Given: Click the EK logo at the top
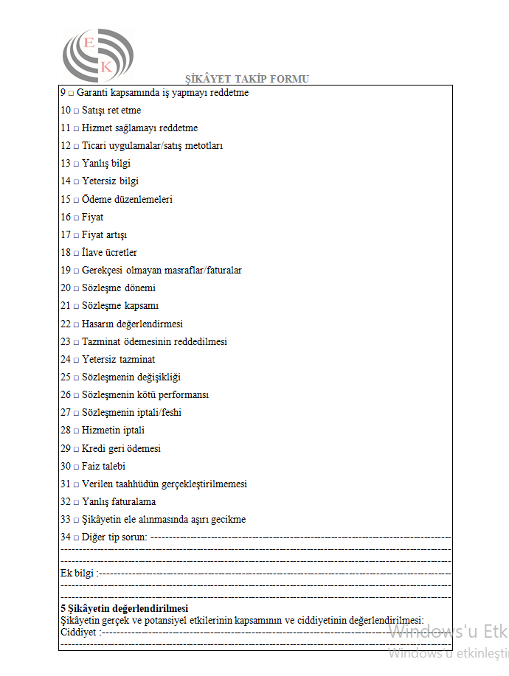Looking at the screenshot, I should click(x=98, y=55).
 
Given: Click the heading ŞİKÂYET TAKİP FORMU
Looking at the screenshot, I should click(x=247, y=79).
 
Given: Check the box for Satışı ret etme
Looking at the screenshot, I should click(x=76, y=111).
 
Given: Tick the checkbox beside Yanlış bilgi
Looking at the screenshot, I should click(x=76, y=164).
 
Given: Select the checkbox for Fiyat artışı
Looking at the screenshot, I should click(x=76, y=235).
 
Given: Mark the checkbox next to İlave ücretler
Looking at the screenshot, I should click(x=76, y=253).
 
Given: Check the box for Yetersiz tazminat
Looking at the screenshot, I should click(x=76, y=360).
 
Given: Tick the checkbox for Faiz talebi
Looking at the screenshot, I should click(x=76, y=467).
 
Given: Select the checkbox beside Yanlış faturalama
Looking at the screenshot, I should click(x=76, y=502).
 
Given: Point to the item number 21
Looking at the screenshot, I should click(x=66, y=306).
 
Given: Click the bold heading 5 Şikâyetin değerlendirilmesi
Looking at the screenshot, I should click(x=124, y=608).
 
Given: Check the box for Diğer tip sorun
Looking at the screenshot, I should click(x=76, y=537).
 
